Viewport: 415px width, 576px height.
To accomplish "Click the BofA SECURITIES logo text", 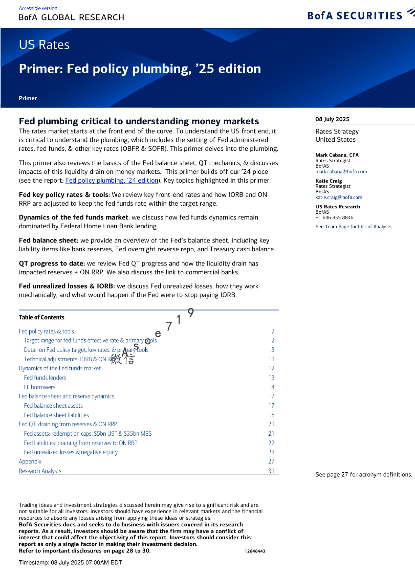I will (355, 16).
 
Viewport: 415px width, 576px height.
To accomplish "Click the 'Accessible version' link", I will (38, 8).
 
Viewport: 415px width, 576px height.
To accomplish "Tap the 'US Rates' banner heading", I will (44, 45).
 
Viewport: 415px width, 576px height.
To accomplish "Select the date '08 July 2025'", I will (332, 119).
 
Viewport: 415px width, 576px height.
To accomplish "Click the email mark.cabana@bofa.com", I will (341, 171).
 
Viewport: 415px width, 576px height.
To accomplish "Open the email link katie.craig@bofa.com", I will (338, 197).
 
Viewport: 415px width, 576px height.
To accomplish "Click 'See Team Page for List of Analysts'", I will (353, 227).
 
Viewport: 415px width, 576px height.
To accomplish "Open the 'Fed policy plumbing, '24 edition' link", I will (112, 180).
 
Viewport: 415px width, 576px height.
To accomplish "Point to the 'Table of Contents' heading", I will (42, 317).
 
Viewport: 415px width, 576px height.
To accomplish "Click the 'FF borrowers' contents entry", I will (39, 387).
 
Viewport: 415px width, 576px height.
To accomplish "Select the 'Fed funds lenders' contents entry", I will (45, 378).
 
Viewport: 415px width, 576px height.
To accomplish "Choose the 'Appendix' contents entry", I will (30, 461).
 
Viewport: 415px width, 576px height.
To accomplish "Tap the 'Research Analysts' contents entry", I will (40, 471).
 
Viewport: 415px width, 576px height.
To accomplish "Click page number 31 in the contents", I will (271, 471).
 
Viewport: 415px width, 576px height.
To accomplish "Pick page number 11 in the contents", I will (271, 359).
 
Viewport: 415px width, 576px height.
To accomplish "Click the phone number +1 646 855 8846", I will (334, 217).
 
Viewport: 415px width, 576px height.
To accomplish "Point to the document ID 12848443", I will (255, 551).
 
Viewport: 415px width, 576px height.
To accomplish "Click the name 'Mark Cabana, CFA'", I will (337, 155).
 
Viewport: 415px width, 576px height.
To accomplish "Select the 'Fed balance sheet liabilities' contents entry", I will (56, 415).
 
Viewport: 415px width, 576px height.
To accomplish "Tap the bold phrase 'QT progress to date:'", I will (52, 264).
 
